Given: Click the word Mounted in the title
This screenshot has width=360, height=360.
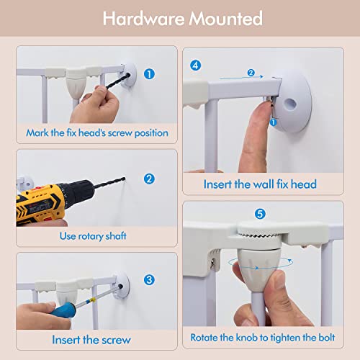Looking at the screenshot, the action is coord(225,19).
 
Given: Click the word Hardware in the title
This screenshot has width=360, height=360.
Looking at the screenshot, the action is coord(143,19).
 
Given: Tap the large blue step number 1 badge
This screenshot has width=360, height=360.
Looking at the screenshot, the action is coord(149,74).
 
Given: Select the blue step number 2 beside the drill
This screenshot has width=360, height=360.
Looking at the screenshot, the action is coord(149,179).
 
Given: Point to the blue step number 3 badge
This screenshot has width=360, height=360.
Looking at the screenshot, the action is coord(149,280).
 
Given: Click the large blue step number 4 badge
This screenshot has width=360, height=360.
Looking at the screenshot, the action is coord(195,66).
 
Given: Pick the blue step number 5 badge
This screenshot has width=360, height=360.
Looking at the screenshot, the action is coord(260,214).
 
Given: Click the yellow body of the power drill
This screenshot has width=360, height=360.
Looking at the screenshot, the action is coord(38,204).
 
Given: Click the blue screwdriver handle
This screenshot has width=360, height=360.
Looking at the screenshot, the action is coord(64,310).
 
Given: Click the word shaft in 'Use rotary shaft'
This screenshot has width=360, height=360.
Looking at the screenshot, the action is coord(116,236).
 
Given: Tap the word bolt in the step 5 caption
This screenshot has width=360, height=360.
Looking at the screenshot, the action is coord(327,338).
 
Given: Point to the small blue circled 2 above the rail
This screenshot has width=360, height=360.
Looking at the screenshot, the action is coord(251,73).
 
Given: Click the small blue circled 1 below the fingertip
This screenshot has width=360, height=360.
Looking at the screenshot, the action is coord(273,122).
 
